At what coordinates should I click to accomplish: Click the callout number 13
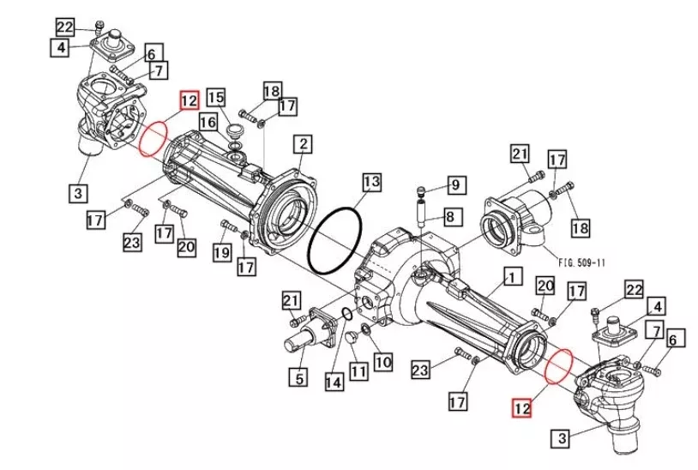click(371, 182)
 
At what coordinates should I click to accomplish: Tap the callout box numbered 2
click(304, 144)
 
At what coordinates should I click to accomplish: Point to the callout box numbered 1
click(513, 277)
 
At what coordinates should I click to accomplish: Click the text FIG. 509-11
click(582, 262)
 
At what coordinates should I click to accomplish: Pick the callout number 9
click(456, 184)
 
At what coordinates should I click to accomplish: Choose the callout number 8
click(450, 217)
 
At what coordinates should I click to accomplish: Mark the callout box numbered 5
click(298, 378)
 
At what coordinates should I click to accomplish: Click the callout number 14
click(334, 382)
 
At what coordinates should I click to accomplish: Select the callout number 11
click(358, 371)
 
